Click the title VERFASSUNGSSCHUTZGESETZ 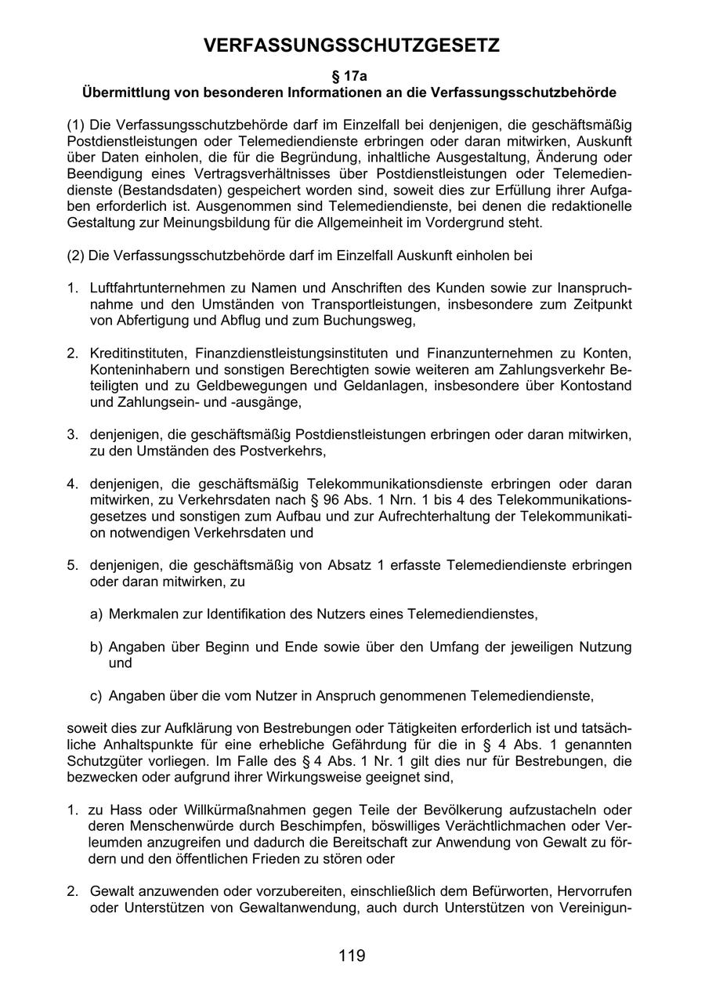352,46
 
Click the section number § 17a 350,76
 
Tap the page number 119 352,955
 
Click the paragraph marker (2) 76,256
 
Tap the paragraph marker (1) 76,125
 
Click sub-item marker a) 96,614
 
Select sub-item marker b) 96,647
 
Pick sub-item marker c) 96,695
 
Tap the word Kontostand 598,386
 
